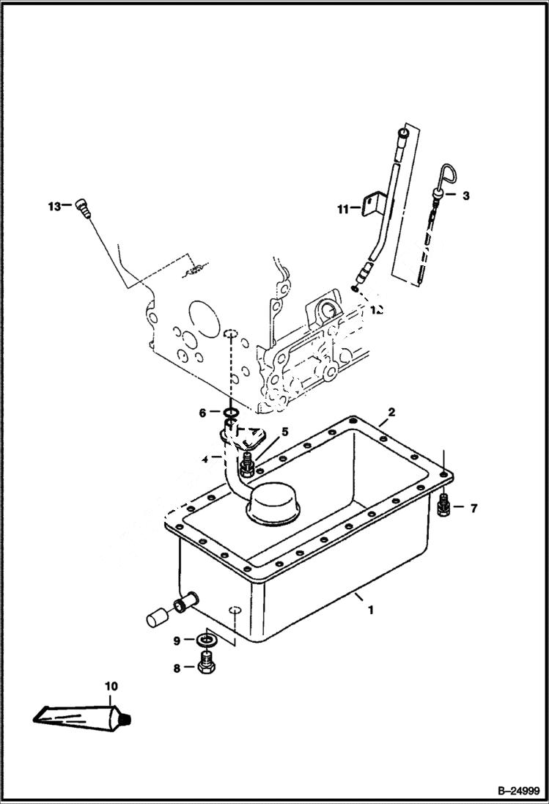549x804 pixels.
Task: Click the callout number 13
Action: click(x=54, y=206)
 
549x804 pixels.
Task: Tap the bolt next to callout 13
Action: click(x=81, y=207)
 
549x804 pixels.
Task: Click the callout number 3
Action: click(x=466, y=195)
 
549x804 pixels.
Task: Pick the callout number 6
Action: click(x=203, y=413)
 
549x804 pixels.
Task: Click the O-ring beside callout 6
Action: click(x=229, y=413)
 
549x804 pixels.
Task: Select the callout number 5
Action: click(x=264, y=432)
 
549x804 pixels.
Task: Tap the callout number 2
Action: click(x=391, y=413)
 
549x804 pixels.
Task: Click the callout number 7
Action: click(x=474, y=507)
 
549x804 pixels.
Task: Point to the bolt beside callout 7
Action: click(x=443, y=506)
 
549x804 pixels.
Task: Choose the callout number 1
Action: click(x=370, y=609)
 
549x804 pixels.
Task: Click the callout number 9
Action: click(x=177, y=641)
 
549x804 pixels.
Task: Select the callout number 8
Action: click(x=177, y=667)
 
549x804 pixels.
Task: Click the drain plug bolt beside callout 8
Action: click(x=207, y=665)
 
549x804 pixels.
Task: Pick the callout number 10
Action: click(x=111, y=687)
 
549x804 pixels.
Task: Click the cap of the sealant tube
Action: click(x=126, y=721)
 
